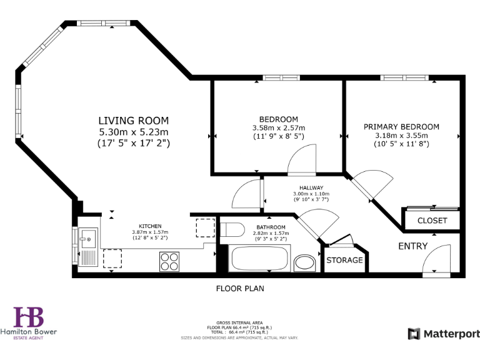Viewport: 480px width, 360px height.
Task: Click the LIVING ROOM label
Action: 133,120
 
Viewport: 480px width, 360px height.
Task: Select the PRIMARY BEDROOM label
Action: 401,126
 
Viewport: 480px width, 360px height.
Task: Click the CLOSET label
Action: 432,221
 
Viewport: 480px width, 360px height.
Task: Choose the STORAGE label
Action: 344,260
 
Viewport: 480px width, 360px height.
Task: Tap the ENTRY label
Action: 413,246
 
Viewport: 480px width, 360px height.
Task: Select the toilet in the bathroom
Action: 231,229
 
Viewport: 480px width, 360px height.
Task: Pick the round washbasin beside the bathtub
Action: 305,262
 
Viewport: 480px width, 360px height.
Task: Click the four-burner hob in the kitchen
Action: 169,261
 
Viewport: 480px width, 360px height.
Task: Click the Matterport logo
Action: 444,334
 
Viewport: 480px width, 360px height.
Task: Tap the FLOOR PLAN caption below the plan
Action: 240,289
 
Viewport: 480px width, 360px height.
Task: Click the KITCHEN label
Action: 150,226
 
